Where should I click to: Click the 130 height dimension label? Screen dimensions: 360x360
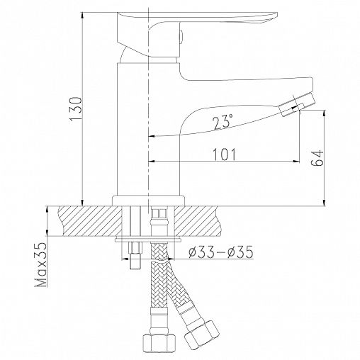tap(76, 108)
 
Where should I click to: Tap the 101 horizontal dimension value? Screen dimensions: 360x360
tap(225, 154)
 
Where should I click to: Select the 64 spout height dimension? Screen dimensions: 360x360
tap(317, 158)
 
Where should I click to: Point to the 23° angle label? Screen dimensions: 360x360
tap(223, 123)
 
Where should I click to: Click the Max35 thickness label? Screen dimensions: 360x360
tap(41, 264)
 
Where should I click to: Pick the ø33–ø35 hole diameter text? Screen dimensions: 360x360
tap(221, 252)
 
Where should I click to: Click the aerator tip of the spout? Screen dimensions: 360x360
tap(297, 104)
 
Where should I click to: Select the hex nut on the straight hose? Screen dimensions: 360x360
tap(159, 342)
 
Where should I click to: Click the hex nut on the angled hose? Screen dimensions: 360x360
tap(201, 334)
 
